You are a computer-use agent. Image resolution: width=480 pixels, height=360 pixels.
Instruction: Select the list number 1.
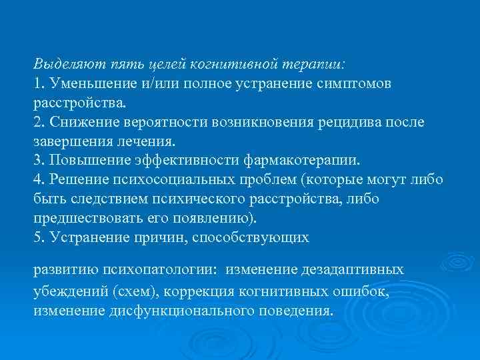[x=37, y=85]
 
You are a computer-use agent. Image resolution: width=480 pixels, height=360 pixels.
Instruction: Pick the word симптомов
[x=358, y=85]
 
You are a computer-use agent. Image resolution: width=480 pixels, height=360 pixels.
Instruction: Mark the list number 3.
[x=37, y=161]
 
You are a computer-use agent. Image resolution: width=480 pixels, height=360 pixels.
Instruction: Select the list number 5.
[x=37, y=237]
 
